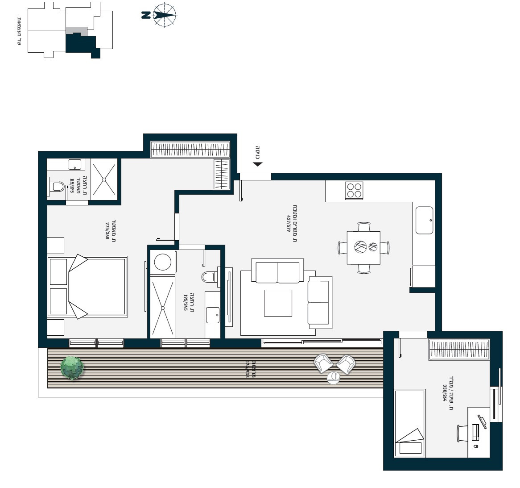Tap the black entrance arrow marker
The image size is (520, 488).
pos(257,164)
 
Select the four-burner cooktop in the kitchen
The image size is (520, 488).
pos(355,191)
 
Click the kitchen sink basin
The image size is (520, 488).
pos(424,220)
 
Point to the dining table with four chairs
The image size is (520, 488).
pos(363,247)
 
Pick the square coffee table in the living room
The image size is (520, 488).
pos(277,303)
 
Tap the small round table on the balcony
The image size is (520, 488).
pos(333,378)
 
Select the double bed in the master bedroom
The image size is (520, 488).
pos(88,287)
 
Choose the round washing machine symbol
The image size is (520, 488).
pos(162,263)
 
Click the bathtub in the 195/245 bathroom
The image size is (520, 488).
pos(162,307)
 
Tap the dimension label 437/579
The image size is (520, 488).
pos(291,225)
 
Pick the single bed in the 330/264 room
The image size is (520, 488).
pos(409,423)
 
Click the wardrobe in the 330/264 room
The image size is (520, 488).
pos(458,350)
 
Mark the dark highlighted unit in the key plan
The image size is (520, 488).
pos(81,44)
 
